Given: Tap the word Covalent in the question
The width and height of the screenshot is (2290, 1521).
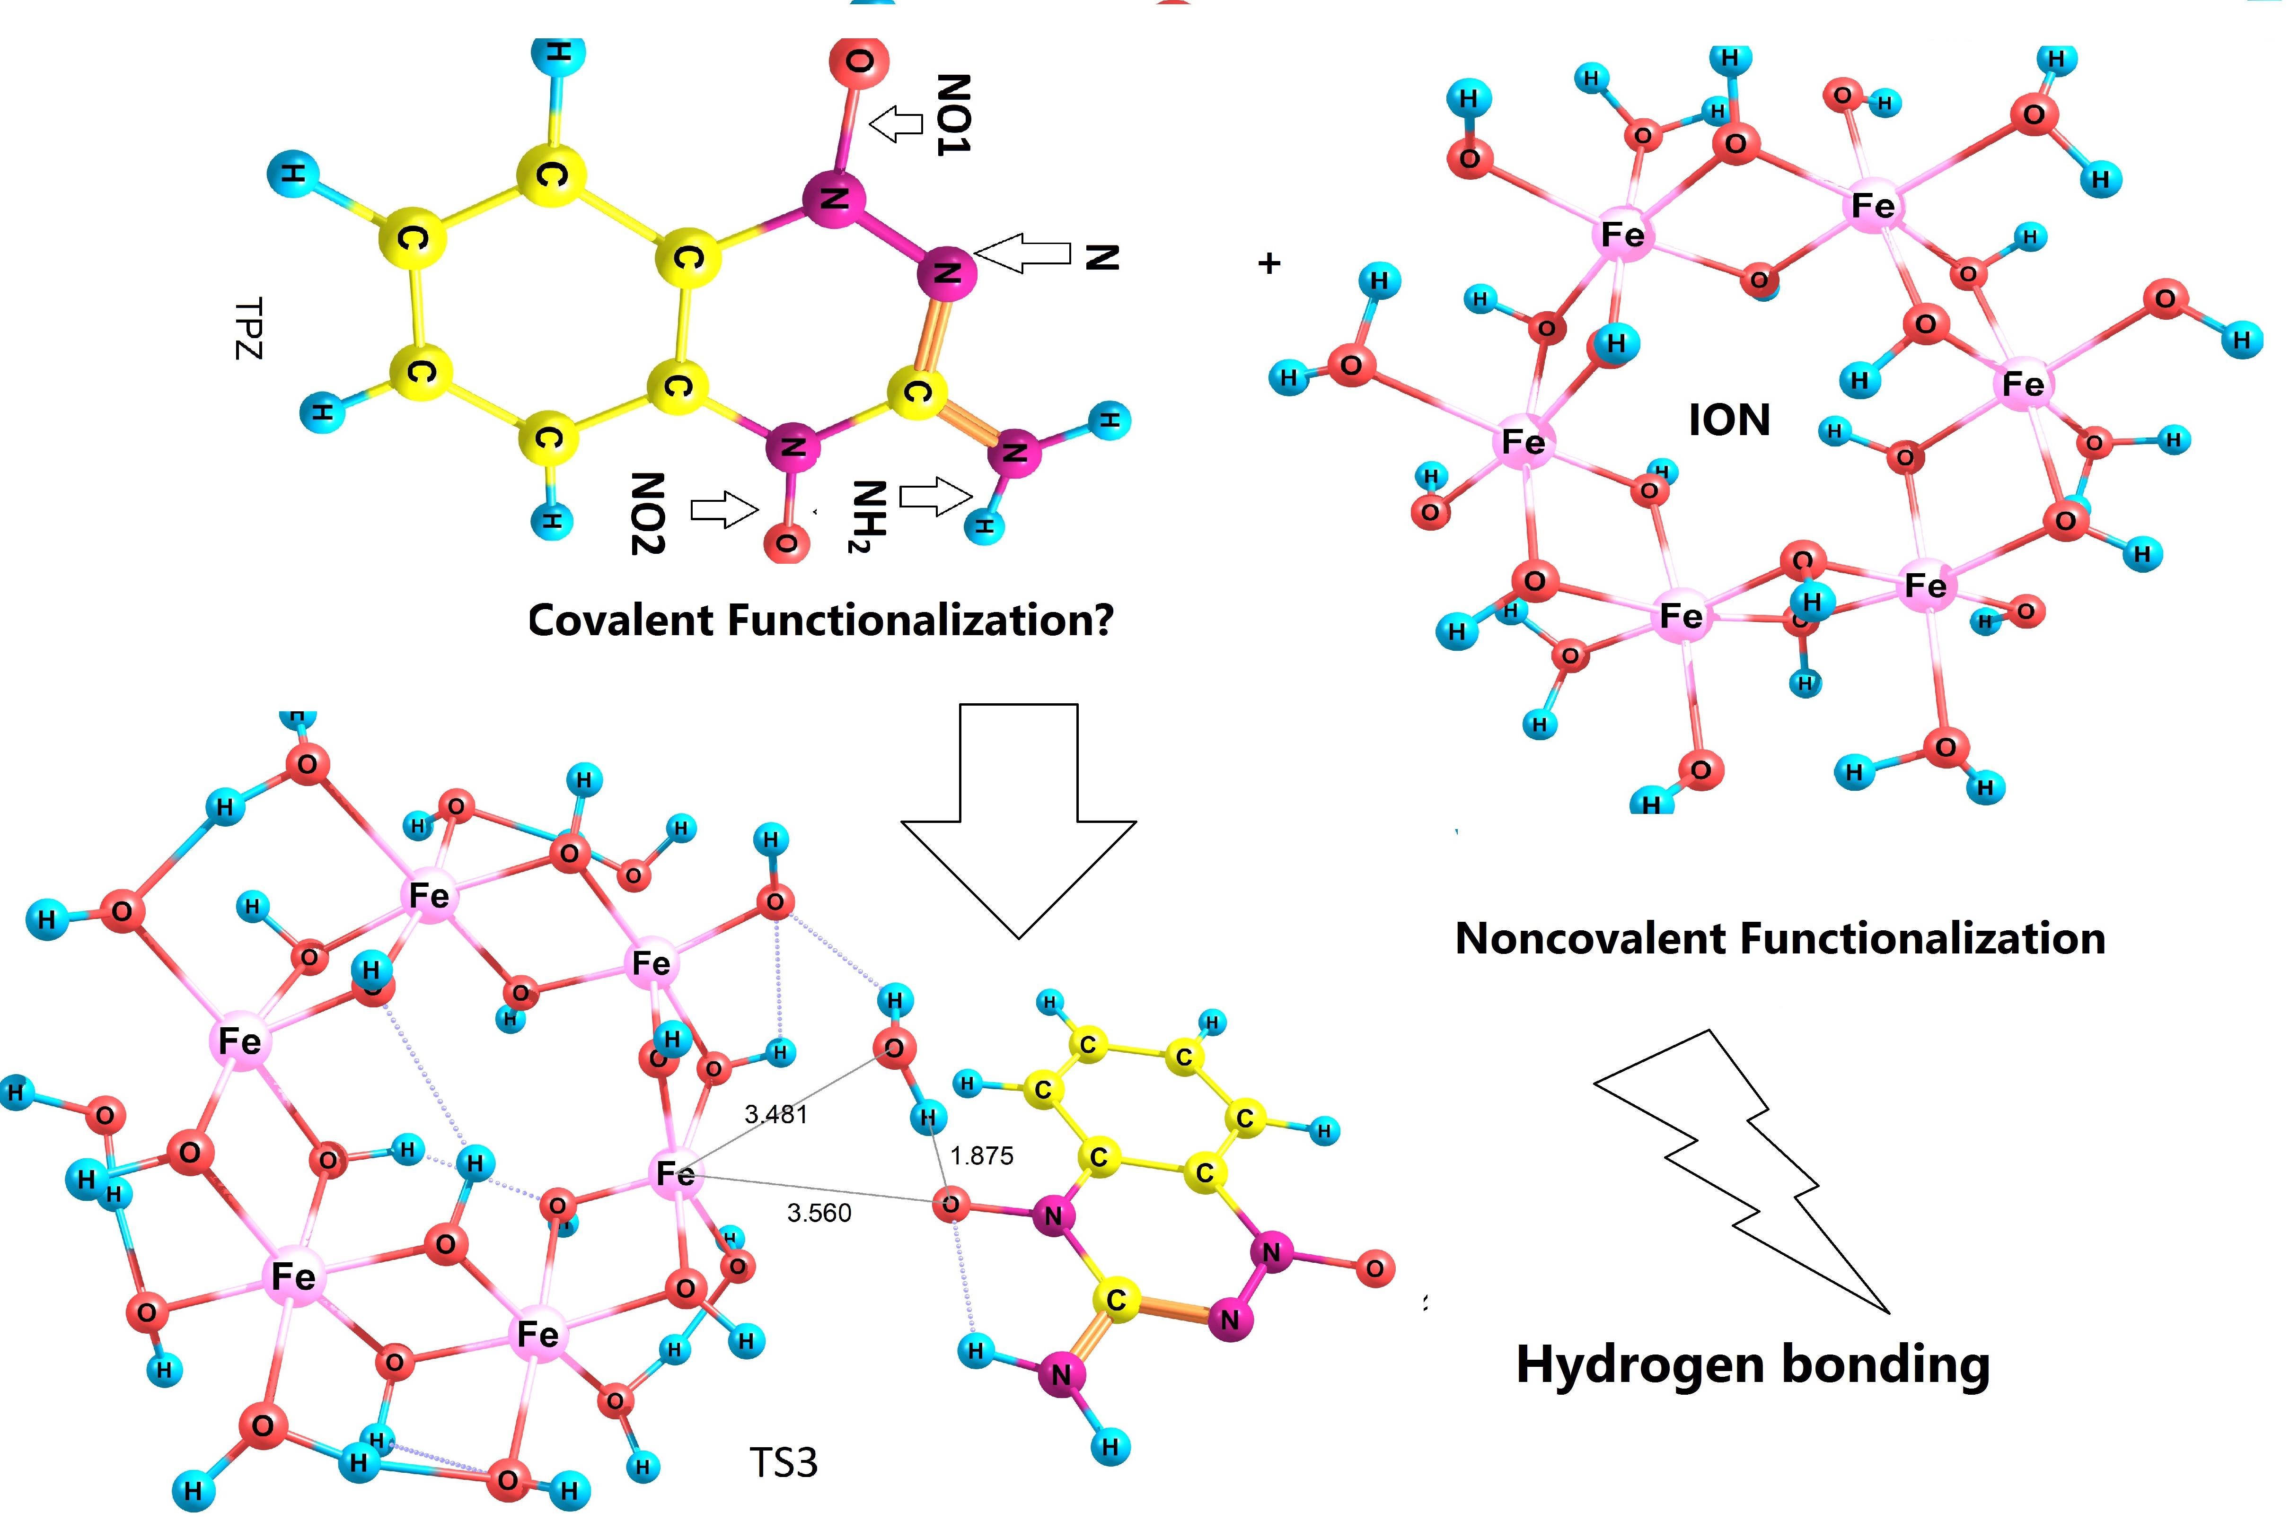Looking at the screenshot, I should tap(621, 621).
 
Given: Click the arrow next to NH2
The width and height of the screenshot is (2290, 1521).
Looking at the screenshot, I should tap(934, 497).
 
